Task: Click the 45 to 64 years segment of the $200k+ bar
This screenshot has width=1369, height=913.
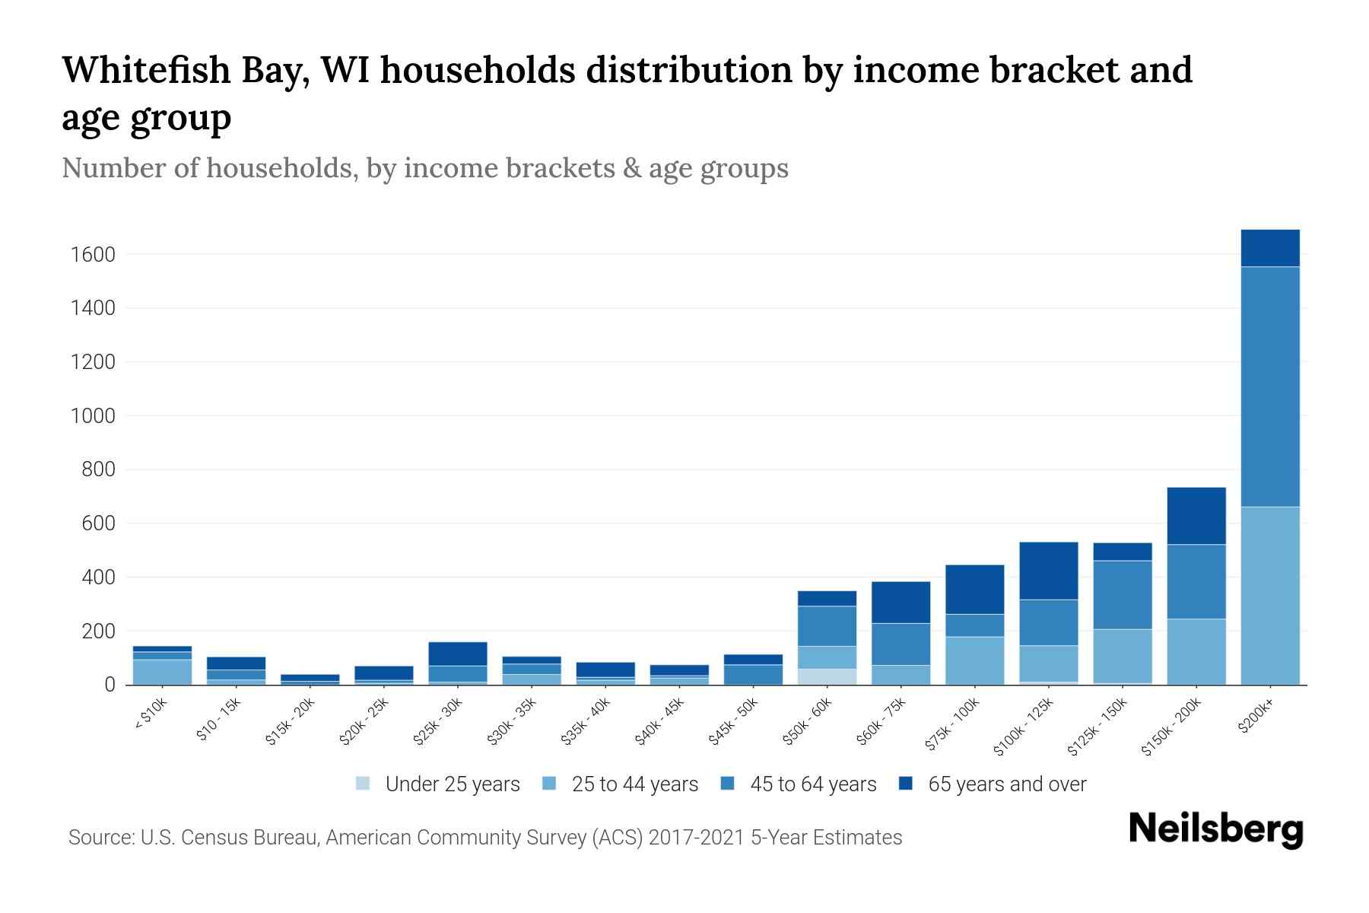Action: (x=1269, y=387)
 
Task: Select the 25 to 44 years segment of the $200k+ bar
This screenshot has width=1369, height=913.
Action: (x=1269, y=596)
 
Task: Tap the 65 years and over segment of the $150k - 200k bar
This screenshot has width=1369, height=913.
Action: (x=1196, y=516)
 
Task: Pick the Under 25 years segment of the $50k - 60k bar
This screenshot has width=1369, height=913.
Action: (x=827, y=676)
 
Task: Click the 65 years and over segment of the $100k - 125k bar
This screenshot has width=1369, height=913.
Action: (x=1048, y=571)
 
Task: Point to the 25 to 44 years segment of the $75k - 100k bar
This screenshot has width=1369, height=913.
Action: (x=974, y=660)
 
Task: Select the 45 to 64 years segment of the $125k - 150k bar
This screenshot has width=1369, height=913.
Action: (x=1122, y=594)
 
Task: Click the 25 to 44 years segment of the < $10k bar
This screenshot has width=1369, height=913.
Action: (x=162, y=672)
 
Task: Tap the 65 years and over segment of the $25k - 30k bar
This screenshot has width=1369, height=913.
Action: (x=457, y=654)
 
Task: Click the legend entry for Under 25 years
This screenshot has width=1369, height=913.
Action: (x=438, y=784)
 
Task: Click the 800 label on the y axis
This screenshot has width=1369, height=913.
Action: (x=99, y=470)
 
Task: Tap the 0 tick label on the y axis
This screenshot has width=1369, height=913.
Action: (x=110, y=686)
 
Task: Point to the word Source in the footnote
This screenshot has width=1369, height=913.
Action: (x=99, y=838)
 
